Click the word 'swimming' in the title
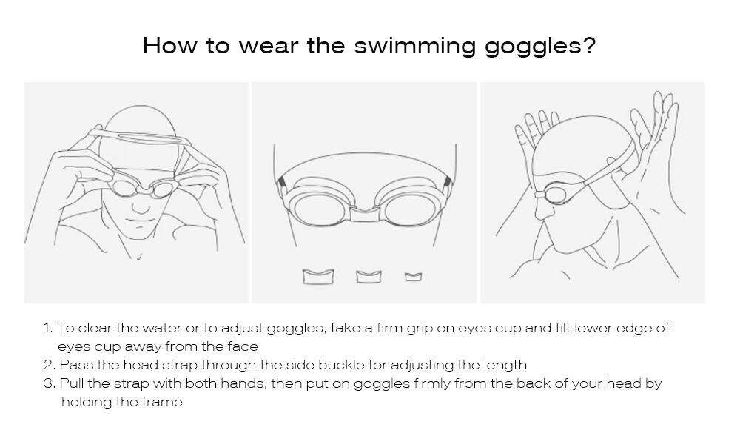pyautogui.click(x=414, y=47)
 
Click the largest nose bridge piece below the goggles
pyautogui.click(x=318, y=276)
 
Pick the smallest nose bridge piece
pyautogui.click(x=413, y=277)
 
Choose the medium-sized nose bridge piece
pyautogui.click(x=368, y=276)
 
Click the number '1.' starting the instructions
pyautogui.click(x=48, y=328)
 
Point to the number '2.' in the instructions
pyautogui.click(x=50, y=365)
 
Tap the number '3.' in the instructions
pyautogui.click(x=50, y=383)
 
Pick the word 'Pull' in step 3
pyautogui.click(x=72, y=383)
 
